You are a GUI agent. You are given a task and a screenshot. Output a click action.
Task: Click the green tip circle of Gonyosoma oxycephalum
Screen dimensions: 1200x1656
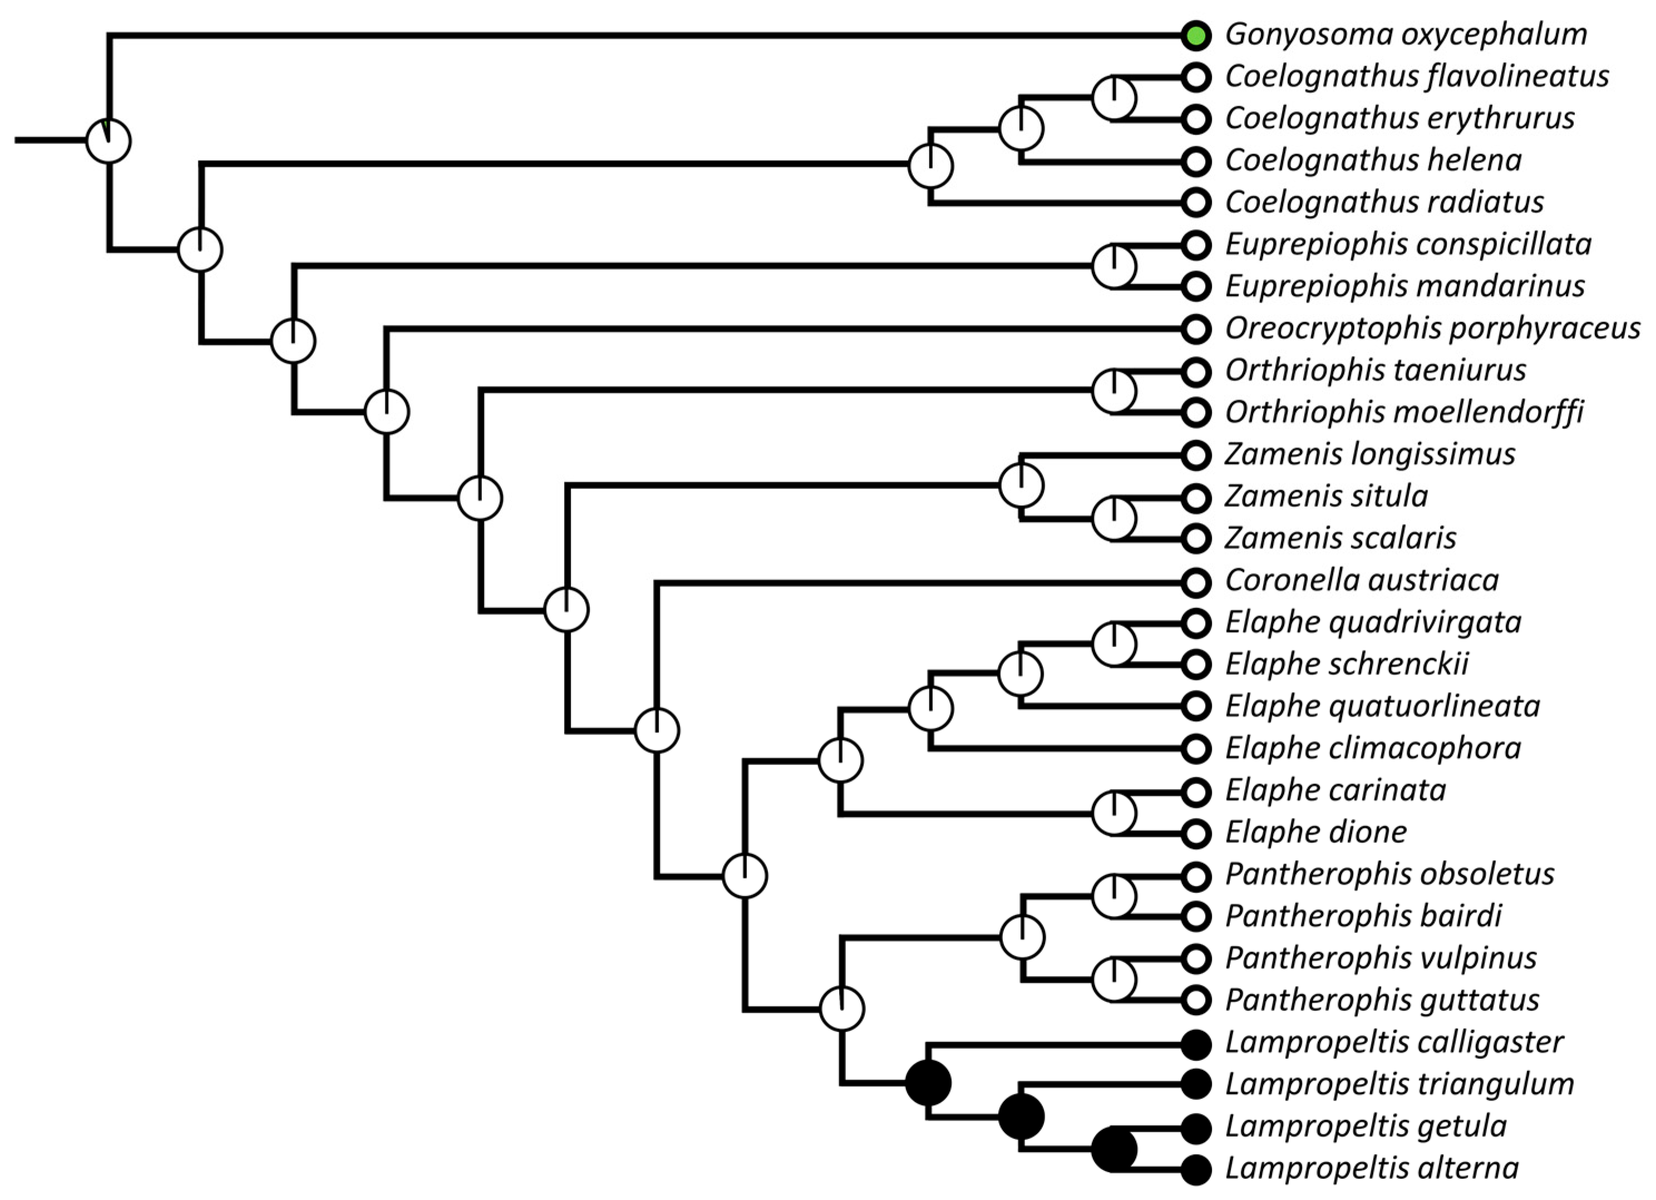pos(1196,35)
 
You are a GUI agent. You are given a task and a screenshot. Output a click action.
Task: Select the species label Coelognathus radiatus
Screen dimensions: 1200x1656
pos(1384,202)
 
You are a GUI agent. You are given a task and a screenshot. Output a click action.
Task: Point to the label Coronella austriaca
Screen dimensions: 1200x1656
pos(1362,580)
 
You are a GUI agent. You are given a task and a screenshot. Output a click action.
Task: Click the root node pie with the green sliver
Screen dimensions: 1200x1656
pos(109,141)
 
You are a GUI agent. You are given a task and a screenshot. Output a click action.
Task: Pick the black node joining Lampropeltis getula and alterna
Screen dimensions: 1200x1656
pos(1114,1149)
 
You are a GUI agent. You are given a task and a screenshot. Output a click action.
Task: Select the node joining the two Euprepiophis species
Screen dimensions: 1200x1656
pos(1114,266)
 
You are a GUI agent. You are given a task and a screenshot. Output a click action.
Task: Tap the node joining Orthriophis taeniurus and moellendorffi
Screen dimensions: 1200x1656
pos(1114,391)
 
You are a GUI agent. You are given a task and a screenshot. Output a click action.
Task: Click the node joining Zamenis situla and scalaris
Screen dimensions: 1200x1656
pos(1114,518)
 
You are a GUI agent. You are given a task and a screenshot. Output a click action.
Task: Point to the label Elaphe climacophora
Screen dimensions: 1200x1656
pos(1373,748)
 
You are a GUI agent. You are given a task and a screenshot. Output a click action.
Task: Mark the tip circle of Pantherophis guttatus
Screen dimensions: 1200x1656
pos(1196,1000)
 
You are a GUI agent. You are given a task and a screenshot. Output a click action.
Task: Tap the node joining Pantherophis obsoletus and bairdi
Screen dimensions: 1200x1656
pos(1114,896)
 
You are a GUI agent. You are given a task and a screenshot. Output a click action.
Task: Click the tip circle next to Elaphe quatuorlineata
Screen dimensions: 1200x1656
pos(1196,706)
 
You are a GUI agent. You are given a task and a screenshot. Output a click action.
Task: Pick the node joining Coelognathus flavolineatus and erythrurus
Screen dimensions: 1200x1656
pos(1114,98)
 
